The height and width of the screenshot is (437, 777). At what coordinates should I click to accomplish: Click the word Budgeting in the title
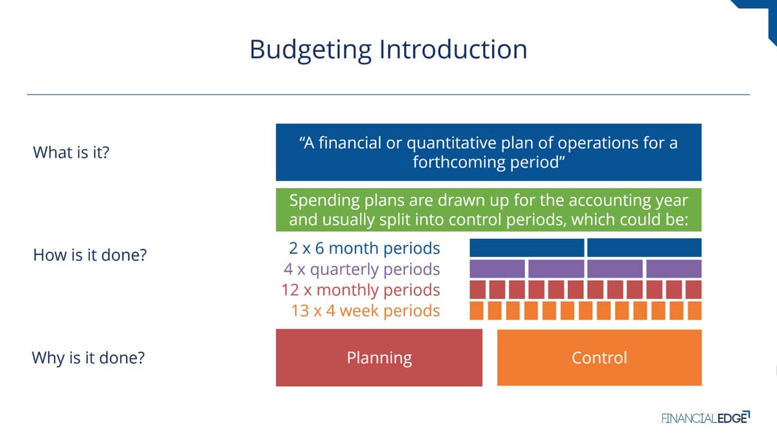click(311, 50)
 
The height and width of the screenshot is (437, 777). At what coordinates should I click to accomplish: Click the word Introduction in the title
click(453, 49)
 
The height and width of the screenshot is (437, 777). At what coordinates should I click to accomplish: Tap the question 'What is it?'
click(71, 152)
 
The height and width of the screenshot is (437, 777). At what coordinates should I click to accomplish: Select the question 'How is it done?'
click(90, 255)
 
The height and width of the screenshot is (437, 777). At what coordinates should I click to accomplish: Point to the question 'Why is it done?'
click(88, 357)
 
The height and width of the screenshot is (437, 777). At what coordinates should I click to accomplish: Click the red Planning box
click(379, 357)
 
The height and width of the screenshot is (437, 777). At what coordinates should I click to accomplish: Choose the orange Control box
click(600, 357)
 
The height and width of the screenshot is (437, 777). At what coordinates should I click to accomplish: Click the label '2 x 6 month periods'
click(364, 249)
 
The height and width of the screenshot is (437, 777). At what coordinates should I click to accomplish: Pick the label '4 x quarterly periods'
click(362, 269)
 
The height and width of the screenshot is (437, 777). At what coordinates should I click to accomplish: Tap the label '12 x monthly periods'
click(361, 290)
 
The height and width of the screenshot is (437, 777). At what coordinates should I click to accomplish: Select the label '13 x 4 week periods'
click(366, 311)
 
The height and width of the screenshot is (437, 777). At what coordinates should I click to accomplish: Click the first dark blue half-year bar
click(527, 247)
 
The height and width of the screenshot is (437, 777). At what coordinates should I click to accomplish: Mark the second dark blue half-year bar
click(644, 247)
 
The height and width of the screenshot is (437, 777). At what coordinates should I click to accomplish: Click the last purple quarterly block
click(674, 269)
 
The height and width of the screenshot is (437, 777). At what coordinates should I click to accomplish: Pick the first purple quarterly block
click(497, 269)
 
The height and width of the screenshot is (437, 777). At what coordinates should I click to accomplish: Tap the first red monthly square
click(478, 289)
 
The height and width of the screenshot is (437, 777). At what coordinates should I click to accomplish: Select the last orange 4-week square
click(694, 311)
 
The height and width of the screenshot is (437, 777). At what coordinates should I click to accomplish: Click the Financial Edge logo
click(706, 418)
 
